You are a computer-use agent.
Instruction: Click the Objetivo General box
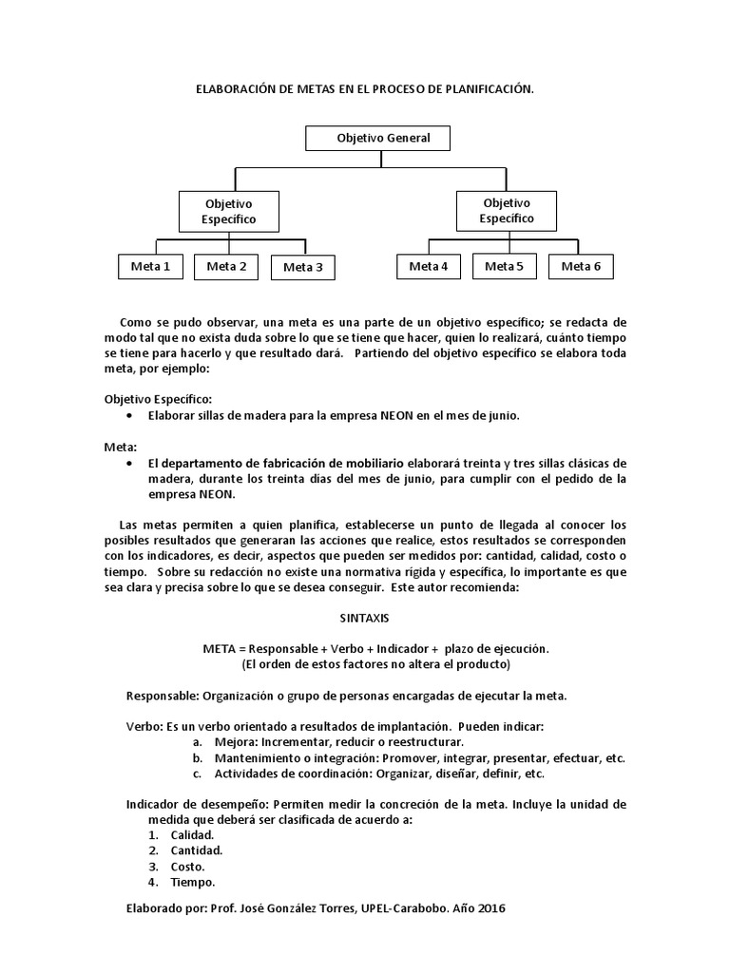(x=377, y=139)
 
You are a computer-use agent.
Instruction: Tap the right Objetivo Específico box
(x=506, y=211)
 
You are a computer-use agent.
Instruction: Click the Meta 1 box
(x=150, y=267)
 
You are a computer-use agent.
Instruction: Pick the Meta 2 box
(x=226, y=267)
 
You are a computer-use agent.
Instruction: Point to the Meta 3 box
(x=303, y=268)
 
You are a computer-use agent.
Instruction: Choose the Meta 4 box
(x=428, y=267)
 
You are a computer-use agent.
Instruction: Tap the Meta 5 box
(x=504, y=267)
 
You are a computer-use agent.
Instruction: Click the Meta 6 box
(x=581, y=267)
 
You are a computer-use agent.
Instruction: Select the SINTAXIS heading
(x=364, y=618)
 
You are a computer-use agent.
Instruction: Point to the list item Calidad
(x=192, y=835)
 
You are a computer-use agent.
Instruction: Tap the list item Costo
(x=187, y=867)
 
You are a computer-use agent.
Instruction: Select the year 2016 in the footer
(x=491, y=908)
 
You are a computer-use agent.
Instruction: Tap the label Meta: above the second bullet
(x=121, y=447)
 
